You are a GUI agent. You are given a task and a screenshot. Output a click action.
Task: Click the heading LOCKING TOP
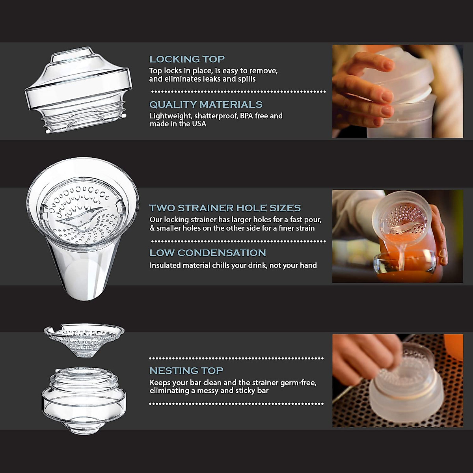click(x=187, y=59)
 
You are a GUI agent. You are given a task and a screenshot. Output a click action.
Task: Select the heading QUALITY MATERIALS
click(x=206, y=104)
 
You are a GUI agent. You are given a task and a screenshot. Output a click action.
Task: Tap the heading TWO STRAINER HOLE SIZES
click(x=225, y=208)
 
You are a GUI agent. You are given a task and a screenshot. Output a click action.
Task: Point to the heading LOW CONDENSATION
click(x=208, y=253)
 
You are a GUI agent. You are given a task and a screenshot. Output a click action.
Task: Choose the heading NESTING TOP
click(x=186, y=371)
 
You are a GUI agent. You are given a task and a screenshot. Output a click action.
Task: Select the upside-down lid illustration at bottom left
click(x=84, y=400)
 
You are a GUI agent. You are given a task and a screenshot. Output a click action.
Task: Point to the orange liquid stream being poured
click(x=401, y=252)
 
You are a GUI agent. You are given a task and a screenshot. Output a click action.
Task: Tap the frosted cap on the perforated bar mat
click(x=402, y=390)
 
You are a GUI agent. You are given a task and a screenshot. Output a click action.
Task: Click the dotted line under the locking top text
click(x=238, y=91)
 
